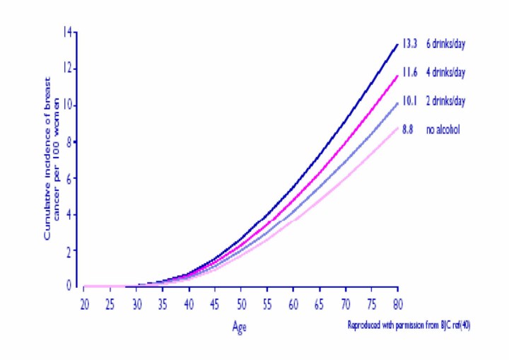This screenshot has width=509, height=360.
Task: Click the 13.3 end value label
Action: [x=411, y=44]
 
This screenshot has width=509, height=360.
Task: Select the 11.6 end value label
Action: [x=411, y=72]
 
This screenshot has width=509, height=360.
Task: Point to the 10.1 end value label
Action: [x=411, y=101]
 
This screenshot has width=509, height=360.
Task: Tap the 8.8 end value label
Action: [x=408, y=129]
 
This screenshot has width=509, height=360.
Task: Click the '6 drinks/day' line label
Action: [x=445, y=44]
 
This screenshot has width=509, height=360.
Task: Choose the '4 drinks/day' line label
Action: [x=445, y=72]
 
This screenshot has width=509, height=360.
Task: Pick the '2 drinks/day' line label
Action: [x=445, y=101]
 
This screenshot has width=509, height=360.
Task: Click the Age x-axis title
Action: [x=241, y=327]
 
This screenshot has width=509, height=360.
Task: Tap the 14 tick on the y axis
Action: [x=68, y=33]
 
